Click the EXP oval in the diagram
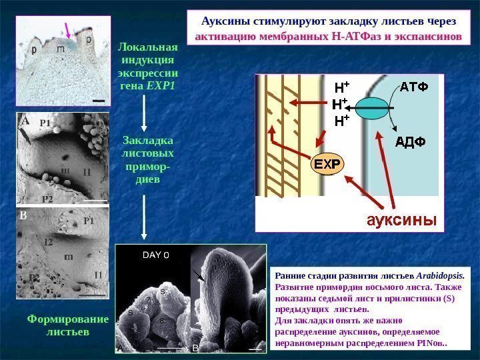[327, 163]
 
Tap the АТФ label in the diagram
[414, 87]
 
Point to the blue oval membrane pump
[372, 109]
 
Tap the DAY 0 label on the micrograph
[156, 255]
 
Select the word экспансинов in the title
[425, 34]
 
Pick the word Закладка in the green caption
[147, 141]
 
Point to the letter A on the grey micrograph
[25, 122]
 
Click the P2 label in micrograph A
[47, 199]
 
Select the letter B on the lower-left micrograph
[23, 217]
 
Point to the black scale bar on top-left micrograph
[99, 100]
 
